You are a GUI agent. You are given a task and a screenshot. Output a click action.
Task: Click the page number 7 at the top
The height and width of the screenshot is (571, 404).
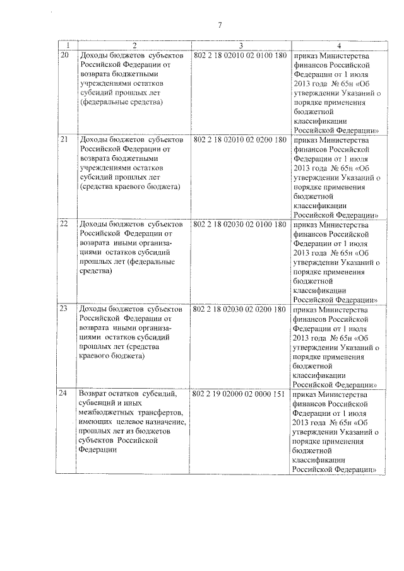pyautogui.click(x=219, y=25)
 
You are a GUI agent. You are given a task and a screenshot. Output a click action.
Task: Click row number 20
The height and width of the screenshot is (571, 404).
pyautogui.click(x=64, y=56)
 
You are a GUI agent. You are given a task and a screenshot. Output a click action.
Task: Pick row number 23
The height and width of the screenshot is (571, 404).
pyautogui.click(x=64, y=309)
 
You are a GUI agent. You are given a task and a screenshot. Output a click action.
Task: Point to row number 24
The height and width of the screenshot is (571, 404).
pyautogui.click(x=64, y=394)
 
